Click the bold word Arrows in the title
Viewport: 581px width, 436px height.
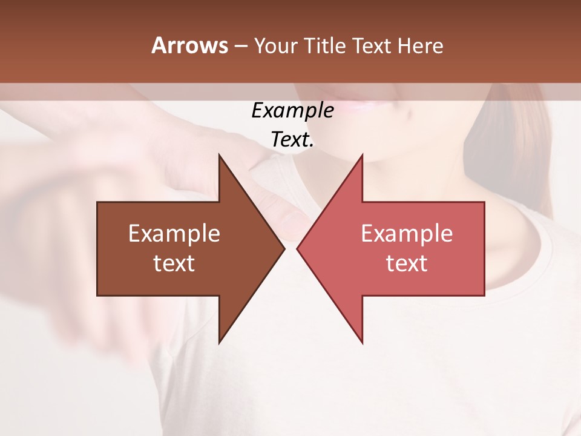[189, 45]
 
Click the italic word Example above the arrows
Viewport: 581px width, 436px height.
[292, 111]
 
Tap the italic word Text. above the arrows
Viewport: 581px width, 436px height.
[292, 140]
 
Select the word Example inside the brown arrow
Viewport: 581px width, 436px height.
[174, 234]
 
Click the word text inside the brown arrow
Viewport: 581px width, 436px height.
[174, 263]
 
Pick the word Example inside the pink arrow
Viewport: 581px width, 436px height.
[407, 234]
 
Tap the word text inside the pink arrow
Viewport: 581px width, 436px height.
[407, 263]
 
